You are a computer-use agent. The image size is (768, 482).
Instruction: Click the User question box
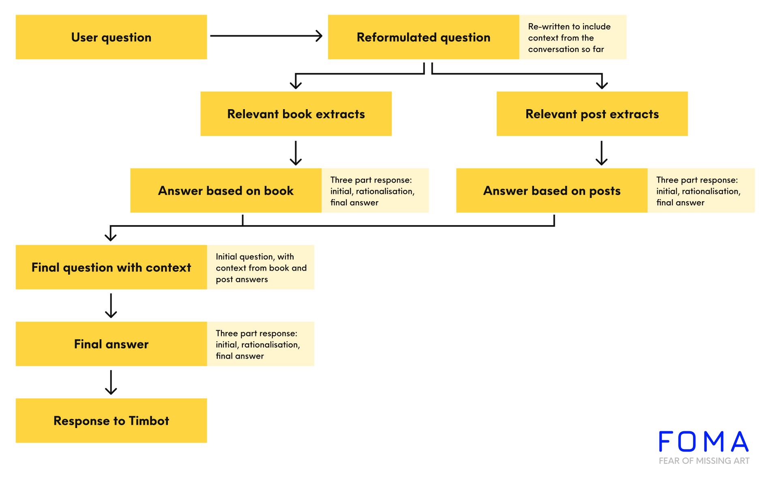tap(111, 37)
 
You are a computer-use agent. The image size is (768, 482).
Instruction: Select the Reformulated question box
tap(423, 37)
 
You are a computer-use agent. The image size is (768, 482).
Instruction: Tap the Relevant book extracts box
tap(296, 114)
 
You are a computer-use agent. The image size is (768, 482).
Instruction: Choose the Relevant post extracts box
tap(592, 114)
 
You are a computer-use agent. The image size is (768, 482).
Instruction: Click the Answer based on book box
tap(226, 190)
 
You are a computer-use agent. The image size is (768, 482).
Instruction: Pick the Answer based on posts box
tap(552, 190)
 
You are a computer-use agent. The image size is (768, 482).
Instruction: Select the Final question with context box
tap(111, 267)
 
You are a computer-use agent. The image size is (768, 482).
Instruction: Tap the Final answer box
tap(111, 344)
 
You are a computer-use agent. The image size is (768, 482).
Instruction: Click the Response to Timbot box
tap(111, 420)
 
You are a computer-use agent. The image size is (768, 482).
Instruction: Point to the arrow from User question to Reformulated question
tap(266, 36)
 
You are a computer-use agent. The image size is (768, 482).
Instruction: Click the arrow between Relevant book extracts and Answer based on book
tap(296, 153)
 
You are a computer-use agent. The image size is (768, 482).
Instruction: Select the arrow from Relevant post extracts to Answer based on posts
tap(601, 153)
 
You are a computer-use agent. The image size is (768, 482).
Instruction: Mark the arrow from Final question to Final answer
tap(111, 306)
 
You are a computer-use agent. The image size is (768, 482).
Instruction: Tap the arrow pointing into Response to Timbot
tap(111, 382)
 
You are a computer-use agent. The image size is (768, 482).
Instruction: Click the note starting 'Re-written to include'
tap(573, 37)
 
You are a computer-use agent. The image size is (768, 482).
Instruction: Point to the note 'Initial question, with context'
tap(261, 267)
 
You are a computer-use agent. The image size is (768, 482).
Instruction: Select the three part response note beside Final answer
tap(261, 344)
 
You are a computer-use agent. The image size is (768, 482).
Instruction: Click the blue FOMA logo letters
tap(704, 441)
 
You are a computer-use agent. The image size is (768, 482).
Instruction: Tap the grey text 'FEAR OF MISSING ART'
tap(704, 461)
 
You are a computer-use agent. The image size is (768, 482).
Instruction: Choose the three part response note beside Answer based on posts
tap(701, 190)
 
